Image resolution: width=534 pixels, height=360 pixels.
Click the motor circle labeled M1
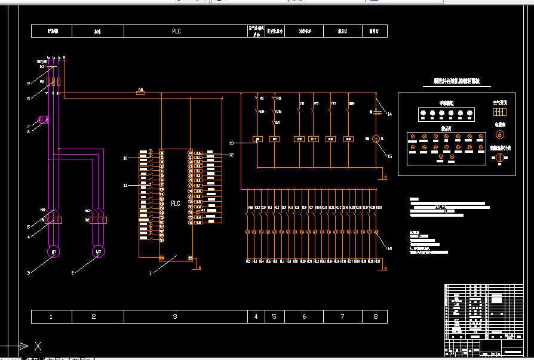coord(53,252)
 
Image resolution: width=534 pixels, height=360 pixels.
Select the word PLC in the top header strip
coord(176,31)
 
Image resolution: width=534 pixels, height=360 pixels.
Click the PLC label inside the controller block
coord(176,203)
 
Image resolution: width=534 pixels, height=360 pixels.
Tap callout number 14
coord(389,114)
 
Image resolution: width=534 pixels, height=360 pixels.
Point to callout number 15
coord(389,157)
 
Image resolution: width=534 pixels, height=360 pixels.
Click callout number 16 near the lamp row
coord(389,248)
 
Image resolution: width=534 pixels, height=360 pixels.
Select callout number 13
coord(232,143)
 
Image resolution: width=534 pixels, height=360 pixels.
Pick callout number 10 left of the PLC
coord(125,158)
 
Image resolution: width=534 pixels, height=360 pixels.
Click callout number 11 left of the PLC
coord(125,186)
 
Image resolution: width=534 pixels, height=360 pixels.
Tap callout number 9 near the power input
coord(28,83)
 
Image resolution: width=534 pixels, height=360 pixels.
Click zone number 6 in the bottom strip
coord(304,316)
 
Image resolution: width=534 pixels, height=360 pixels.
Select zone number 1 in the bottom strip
coord(51,316)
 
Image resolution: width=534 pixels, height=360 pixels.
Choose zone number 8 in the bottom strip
coord(375,316)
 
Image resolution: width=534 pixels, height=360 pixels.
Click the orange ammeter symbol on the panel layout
coord(500,134)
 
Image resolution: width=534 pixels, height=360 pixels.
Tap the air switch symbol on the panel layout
coord(500,112)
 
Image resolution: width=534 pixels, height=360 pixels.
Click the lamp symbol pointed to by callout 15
coord(376,139)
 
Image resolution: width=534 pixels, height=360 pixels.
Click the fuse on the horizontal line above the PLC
coord(141,93)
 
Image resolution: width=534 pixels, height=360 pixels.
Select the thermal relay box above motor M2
coord(96,220)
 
